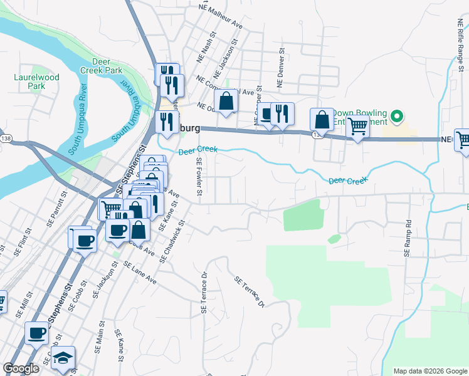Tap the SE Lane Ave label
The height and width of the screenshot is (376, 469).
pos(140,273)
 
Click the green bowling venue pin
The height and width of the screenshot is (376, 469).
pos(396,117)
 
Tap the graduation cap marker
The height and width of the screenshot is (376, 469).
pos(63,358)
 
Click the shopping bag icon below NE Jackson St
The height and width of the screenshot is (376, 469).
pos(226,100)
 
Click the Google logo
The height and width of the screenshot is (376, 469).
pos(21,368)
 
